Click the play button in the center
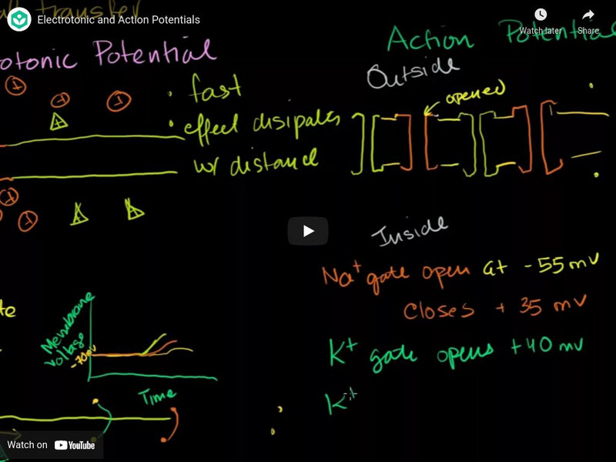coord(308,231)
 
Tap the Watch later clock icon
coord(540,15)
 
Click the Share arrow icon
coord(588,15)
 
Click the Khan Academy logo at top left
coord(18,19)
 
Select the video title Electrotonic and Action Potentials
coord(119,19)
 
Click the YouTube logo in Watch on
coord(75,445)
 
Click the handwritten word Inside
coord(408,229)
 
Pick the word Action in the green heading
coord(431,36)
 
